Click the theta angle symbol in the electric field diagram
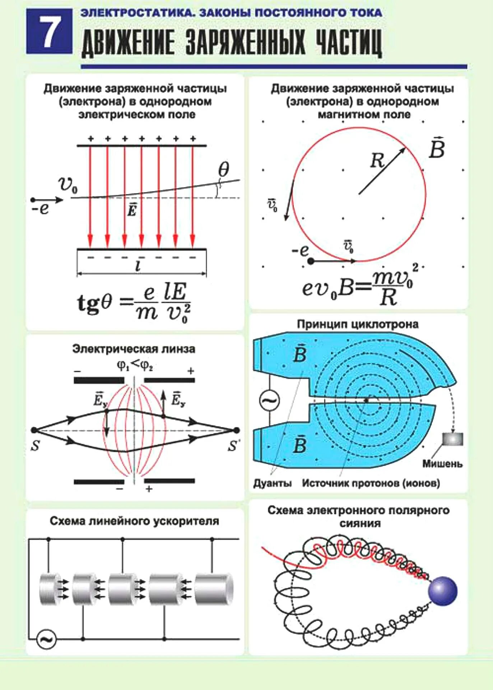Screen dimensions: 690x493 coord(223,169)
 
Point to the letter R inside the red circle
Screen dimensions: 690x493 coord(377,160)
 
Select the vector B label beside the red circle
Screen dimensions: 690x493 coord(437,148)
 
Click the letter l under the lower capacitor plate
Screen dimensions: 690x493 coord(138,266)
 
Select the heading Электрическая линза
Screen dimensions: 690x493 coord(134,349)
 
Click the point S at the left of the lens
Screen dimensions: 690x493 coord(34,430)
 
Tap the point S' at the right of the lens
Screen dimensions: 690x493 coord(236,430)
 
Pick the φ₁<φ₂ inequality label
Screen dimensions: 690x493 coord(135,365)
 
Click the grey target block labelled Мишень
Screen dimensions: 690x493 coord(452,439)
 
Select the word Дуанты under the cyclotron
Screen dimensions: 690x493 coord(273,483)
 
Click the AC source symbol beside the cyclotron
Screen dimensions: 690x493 coord(270,400)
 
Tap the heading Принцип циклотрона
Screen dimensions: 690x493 coord(358,324)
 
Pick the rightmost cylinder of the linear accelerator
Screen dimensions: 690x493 coord(214,589)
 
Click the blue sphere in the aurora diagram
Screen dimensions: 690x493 coord(443,591)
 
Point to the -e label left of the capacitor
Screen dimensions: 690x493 coord(40,208)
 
